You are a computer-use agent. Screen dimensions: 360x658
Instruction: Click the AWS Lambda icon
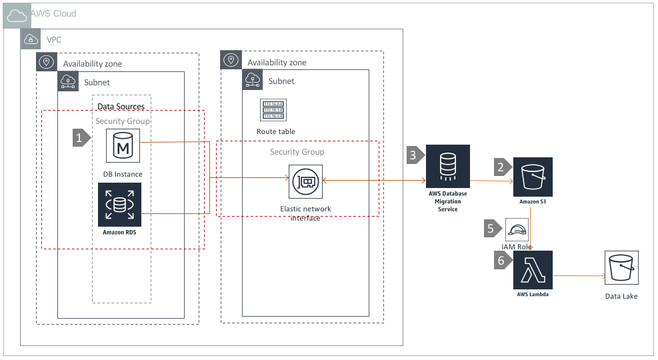pos(534,270)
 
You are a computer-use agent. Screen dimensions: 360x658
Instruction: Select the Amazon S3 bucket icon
pos(533,177)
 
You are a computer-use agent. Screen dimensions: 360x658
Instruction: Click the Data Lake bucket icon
pos(621,269)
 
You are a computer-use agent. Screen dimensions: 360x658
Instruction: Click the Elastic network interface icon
pos(306,181)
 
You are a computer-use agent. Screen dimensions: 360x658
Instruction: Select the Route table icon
pos(273,111)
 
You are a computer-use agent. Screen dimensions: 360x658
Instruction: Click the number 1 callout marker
pos(81,138)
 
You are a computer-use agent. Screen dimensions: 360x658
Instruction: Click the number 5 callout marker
pos(492,229)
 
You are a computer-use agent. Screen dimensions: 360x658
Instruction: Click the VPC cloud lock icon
pos(31,39)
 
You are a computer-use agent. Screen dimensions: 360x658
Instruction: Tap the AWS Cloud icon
pos(15,14)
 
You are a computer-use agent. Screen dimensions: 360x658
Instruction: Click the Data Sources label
pos(121,106)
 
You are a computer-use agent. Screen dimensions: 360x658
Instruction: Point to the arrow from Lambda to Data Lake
pos(577,275)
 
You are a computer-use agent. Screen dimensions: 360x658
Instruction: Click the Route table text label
pos(275,131)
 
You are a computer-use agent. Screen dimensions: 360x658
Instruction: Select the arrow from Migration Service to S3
pos(491,181)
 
